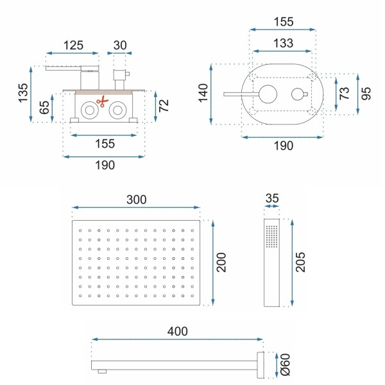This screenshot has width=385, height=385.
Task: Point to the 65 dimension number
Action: coord(44,107)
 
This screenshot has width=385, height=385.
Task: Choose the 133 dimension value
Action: coord(282,44)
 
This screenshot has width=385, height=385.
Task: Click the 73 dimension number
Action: coord(344,94)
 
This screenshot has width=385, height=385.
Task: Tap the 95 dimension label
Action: coord(366,94)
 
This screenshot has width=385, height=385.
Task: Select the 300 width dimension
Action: coord(135,199)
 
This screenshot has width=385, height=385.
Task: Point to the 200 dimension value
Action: coord(221,262)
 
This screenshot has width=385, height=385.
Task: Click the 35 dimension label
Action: coord(272,198)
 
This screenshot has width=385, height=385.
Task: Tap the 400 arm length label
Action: coord(177,331)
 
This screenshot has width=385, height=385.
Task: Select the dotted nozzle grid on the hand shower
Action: coord(272,237)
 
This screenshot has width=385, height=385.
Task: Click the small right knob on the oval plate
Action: coord(297,95)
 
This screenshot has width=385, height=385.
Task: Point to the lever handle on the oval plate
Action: coord(241,95)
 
